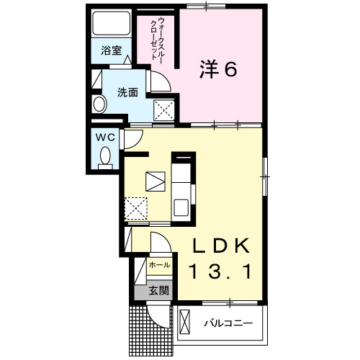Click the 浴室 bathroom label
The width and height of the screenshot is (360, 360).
tap(112, 50)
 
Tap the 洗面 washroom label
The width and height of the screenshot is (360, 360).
tap(127, 92)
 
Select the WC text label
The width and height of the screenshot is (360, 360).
tap(105, 138)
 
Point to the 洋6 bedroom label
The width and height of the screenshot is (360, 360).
tap(218, 69)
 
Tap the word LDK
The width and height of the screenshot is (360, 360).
tap(221, 246)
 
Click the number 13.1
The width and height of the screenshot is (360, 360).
tap(221, 271)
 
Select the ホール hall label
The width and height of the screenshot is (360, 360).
tap(160, 265)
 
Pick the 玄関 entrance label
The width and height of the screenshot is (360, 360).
tap(159, 291)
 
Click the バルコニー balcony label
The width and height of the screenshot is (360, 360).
tap(228, 323)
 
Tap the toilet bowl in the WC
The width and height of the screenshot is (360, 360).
tap(105, 158)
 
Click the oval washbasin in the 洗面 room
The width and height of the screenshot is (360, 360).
tap(99, 104)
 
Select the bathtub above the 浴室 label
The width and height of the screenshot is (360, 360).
tap(112, 24)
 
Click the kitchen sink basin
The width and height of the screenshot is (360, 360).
tap(181, 207)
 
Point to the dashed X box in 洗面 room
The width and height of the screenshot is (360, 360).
tap(164, 111)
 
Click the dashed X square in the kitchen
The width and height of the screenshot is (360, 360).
tap(136, 208)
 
